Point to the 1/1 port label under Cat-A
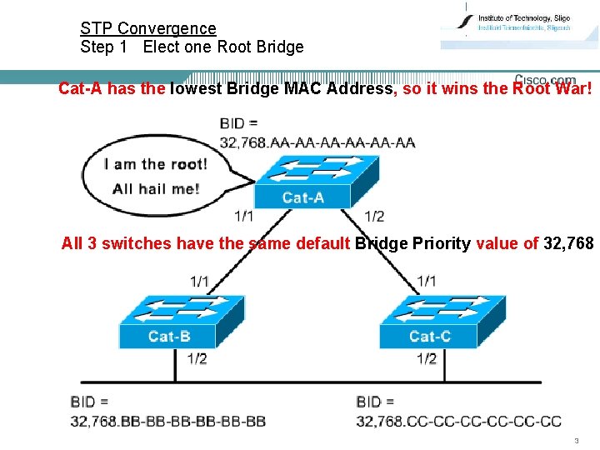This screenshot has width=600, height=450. point(244,217)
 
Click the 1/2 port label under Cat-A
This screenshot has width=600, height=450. point(374,217)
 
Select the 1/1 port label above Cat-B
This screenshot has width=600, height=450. point(200,282)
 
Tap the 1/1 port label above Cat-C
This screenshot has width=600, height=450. point(427,282)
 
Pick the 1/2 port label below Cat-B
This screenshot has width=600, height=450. point(197,359)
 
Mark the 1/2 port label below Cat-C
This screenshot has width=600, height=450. point(427,359)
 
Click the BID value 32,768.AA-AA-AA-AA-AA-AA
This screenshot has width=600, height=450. point(317,142)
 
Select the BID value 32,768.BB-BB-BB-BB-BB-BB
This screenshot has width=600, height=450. point(168,421)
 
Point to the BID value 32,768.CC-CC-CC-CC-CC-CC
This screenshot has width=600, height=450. point(458,421)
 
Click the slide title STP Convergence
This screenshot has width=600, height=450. point(147,28)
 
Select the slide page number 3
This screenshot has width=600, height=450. point(576,440)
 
